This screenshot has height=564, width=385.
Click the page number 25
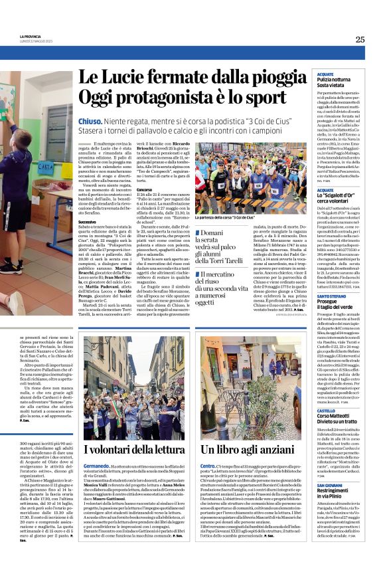[x=360, y=39]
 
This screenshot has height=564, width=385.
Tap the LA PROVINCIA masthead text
[x=31, y=37]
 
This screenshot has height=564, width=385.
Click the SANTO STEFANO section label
[x=331, y=295]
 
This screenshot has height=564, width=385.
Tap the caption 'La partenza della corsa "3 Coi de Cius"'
[x=225, y=217]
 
